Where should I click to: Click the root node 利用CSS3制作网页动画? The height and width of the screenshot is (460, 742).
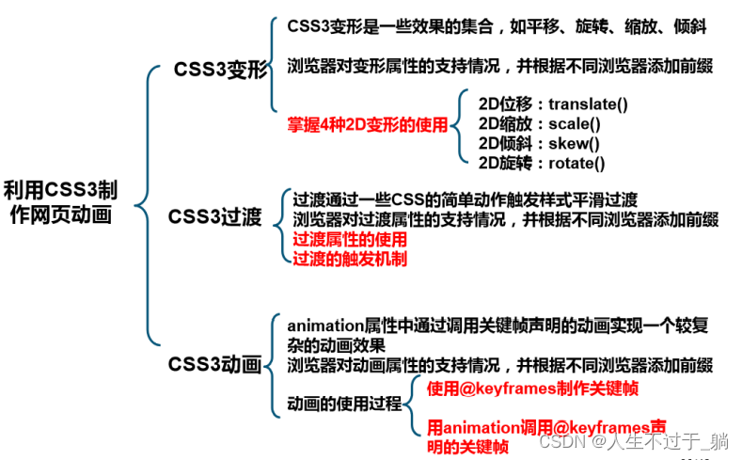pos(60,201)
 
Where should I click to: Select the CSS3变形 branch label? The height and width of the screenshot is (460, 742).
pos(221,71)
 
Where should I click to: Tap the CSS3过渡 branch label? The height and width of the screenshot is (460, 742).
pos(215,217)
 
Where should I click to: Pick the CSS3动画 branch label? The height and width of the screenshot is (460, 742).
pos(214,364)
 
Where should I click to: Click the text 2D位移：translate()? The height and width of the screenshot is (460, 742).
pos(552,103)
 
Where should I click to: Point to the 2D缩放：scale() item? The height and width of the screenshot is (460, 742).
pos(539,123)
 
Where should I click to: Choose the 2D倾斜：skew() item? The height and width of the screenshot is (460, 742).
pos(538,143)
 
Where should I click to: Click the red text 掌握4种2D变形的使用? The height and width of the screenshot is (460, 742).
pos(368,124)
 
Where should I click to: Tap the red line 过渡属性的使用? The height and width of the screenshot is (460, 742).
pos(344,239)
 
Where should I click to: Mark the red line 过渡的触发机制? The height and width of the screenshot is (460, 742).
pos(350,258)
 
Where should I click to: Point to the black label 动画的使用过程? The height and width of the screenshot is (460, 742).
pos(343,404)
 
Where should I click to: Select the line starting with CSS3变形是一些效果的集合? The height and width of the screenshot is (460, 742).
pos(497,27)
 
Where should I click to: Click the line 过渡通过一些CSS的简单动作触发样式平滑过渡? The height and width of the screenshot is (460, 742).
pos(465,199)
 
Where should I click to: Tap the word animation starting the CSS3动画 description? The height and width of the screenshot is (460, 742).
pos(325,325)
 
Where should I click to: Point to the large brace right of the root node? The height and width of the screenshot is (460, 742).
pos(143,202)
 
